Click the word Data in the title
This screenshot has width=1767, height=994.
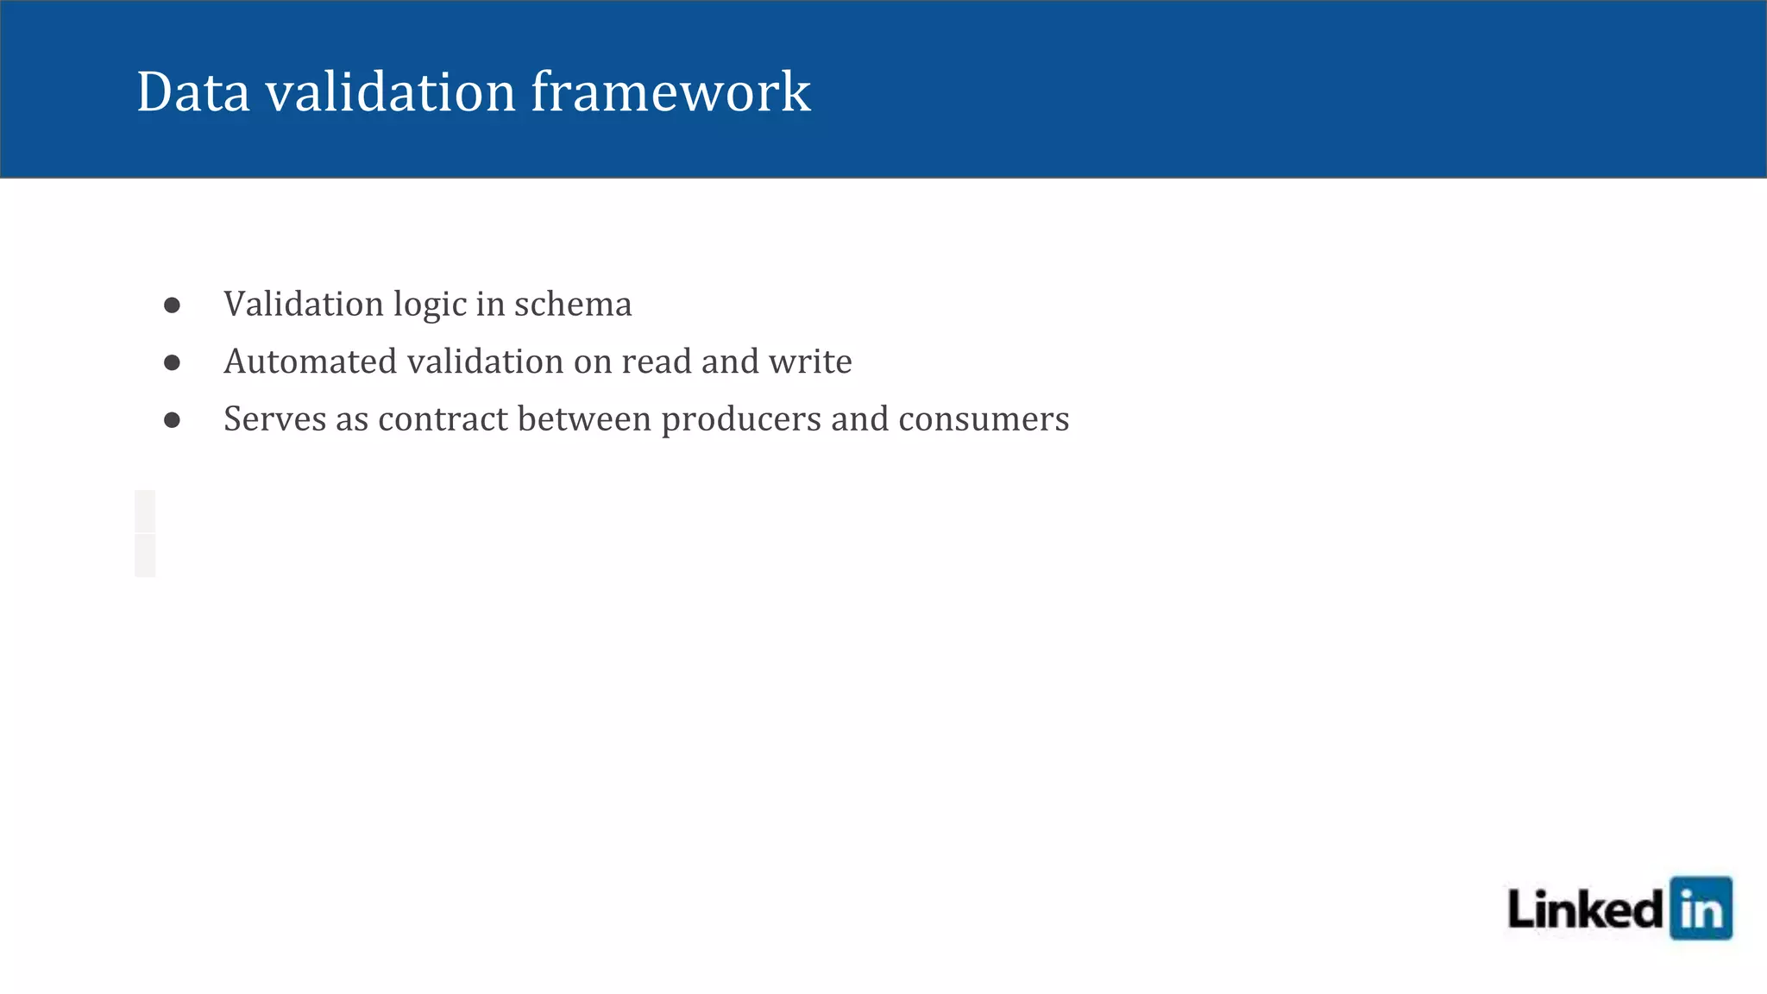[x=193, y=91]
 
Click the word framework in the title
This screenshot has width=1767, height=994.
[x=670, y=91]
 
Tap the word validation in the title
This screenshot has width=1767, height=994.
[x=390, y=91]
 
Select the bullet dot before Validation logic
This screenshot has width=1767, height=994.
[x=173, y=305]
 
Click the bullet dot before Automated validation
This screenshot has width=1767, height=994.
[x=173, y=362]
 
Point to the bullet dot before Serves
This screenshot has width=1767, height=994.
[x=173, y=420]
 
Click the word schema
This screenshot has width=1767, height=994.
[x=573, y=305]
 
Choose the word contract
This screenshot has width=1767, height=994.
[x=443, y=419]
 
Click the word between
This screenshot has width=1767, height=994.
[x=584, y=419]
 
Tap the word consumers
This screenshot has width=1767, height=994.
[x=984, y=419]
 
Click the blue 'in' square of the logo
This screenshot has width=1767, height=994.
[x=1701, y=908]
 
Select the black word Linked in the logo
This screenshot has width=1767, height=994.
[x=1585, y=909]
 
